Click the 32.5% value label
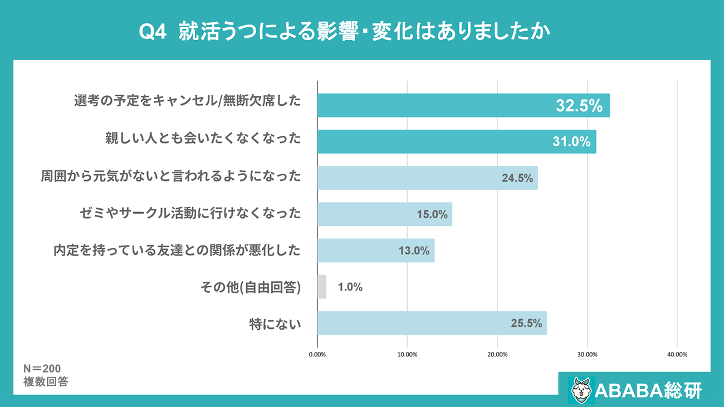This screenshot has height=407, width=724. [x=579, y=106]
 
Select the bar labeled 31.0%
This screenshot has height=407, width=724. [x=457, y=141]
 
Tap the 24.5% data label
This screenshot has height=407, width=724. [x=517, y=178]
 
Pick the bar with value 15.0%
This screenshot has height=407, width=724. [x=384, y=214]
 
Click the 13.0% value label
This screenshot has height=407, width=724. [x=414, y=251]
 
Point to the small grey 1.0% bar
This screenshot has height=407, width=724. [x=322, y=287]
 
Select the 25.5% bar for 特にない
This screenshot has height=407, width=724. [x=432, y=323]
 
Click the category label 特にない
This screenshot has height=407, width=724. [x=275, y=323]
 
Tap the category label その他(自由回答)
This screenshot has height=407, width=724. [x=251, y=287]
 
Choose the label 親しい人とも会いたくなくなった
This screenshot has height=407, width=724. [x=203, y=138]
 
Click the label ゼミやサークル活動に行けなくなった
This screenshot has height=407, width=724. [x=190, y=213]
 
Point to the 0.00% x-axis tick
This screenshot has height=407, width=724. [x=317, y=354]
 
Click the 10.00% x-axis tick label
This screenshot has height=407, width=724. [x=407, y=354]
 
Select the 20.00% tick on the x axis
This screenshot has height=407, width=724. [x=497, y=354]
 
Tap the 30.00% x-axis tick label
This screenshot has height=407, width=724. [x=587, y=354]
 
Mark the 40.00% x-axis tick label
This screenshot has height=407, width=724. [x=677, y=354]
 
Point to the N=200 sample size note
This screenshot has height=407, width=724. [x=42, y=369]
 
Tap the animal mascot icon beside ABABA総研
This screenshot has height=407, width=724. [x=580, y=389]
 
